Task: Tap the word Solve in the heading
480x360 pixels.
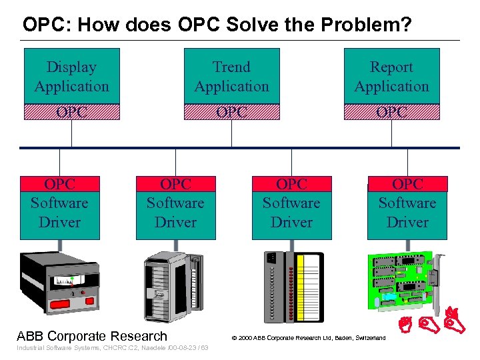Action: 265,25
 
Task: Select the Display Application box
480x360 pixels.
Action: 71,76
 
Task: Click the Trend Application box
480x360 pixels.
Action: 231,76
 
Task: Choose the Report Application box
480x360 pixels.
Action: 391,76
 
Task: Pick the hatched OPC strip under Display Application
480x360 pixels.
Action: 71,112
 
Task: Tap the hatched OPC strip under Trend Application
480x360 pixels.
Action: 231,112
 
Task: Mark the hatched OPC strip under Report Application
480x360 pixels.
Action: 391,112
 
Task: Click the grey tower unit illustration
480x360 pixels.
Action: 173,283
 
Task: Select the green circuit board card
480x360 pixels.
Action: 403,280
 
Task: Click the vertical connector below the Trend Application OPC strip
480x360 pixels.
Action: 231,133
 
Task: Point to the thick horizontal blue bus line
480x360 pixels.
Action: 240,147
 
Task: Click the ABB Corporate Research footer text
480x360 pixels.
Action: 92,335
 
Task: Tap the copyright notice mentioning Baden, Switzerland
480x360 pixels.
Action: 308,338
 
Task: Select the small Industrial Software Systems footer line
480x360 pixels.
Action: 112,348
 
